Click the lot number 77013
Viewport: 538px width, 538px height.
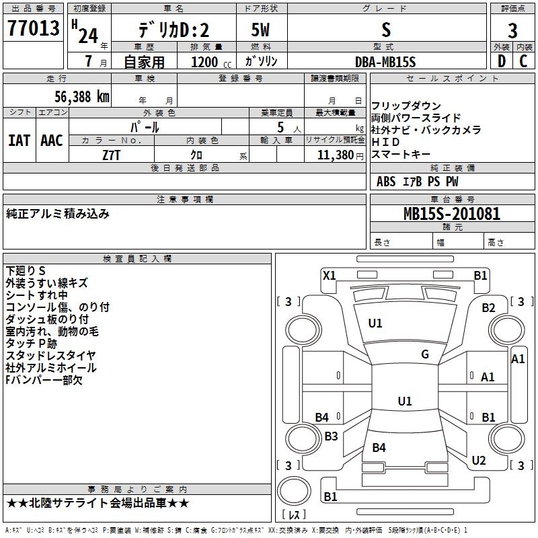[33, 28]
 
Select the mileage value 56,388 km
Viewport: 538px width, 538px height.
[82, 97]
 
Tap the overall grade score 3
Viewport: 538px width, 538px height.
[512, 30]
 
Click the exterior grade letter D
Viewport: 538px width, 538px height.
[502, 61]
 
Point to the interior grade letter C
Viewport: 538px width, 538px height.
[523, 61]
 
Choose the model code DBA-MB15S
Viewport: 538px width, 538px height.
[385, 62]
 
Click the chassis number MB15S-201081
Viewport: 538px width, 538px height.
[452, 213]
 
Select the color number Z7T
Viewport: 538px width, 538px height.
[111, 155]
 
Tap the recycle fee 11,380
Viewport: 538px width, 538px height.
[335, 155]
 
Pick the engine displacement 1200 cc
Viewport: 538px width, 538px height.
[211, 62]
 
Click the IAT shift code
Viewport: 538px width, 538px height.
[20, 141]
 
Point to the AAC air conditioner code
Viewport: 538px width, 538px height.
[52, 141]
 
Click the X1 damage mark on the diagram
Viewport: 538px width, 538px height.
[329, 275]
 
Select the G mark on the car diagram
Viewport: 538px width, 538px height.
[425, 354]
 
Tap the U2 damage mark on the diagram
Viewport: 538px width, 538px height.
[479, 460]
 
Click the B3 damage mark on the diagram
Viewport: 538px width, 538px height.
[331, 436]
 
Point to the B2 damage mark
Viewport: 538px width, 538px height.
[488, 308]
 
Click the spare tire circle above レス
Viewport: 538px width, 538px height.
[294, 492]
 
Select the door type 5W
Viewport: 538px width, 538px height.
[260, 30]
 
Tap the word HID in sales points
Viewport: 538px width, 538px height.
[385, 142]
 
